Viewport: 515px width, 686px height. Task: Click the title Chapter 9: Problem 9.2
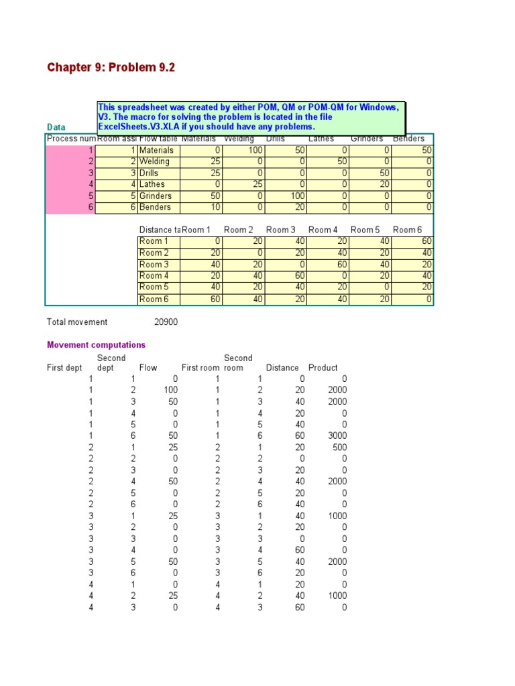pos(111,68)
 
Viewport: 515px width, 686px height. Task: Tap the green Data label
pos(56,127)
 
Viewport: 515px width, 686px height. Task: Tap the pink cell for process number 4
pos(70,185)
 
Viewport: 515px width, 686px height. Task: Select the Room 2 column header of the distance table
pos(239,230)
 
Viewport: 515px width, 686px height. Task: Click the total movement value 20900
pos(166,322)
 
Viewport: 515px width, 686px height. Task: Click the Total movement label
pos(77,322)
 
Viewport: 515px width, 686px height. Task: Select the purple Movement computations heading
pos(96,345)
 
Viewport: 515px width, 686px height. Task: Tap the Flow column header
pos(148,368)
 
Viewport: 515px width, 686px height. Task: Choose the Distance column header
pos(282,368)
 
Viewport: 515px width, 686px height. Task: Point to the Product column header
pos(323,368)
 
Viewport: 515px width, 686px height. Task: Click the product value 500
pos(339,447)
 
